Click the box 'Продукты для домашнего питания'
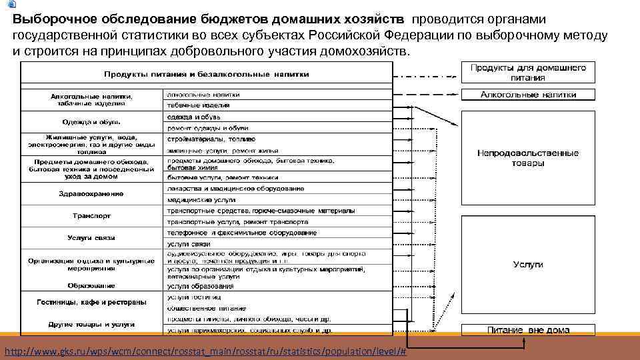[528, 73]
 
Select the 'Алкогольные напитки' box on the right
[528, 95]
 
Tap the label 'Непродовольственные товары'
[528, 158]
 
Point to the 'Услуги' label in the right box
[528, 265]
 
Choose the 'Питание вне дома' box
[528, 330]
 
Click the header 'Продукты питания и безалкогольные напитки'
[207, 73]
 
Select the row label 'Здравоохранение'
[93, 193]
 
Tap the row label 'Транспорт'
[92, 216]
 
